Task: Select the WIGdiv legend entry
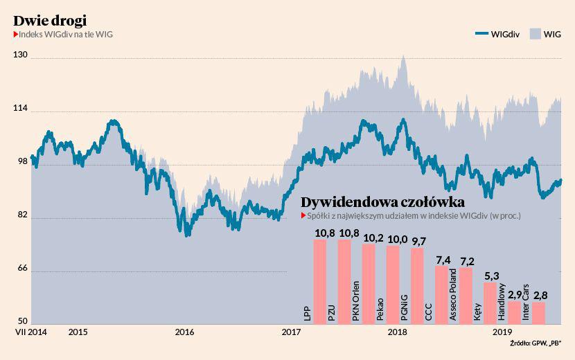pos(497,34)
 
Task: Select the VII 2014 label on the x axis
pos(31,332)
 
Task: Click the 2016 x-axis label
pos(184,332)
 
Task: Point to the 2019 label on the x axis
pos(502,332)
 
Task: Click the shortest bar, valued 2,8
pos(538,313)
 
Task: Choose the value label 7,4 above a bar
pos(443,260)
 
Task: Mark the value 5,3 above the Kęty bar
pos(491,276)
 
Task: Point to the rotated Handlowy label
pos(502,304)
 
